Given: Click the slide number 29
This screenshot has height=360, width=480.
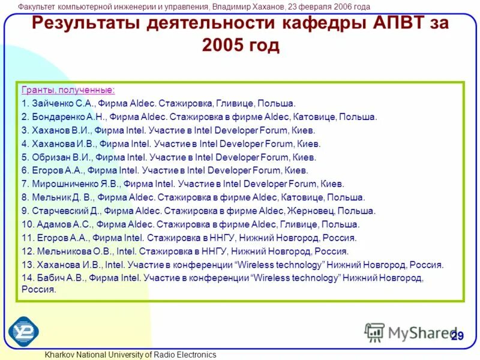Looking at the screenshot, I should click(457, 335).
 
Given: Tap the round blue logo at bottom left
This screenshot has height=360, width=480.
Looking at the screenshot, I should click(23, 331).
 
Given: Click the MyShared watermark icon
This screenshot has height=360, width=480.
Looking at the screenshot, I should click(374, 332).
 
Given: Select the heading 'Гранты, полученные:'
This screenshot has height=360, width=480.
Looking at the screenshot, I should click(68, 91).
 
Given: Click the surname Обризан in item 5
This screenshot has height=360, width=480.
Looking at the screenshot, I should click(51, 157).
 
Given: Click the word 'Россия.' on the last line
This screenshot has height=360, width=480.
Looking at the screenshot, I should click(39, 289).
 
